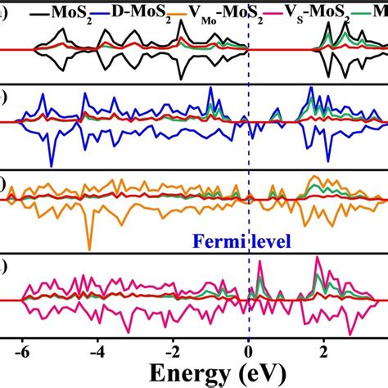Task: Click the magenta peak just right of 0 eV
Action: point(261,264)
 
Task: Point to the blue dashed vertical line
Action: point(249,164)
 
